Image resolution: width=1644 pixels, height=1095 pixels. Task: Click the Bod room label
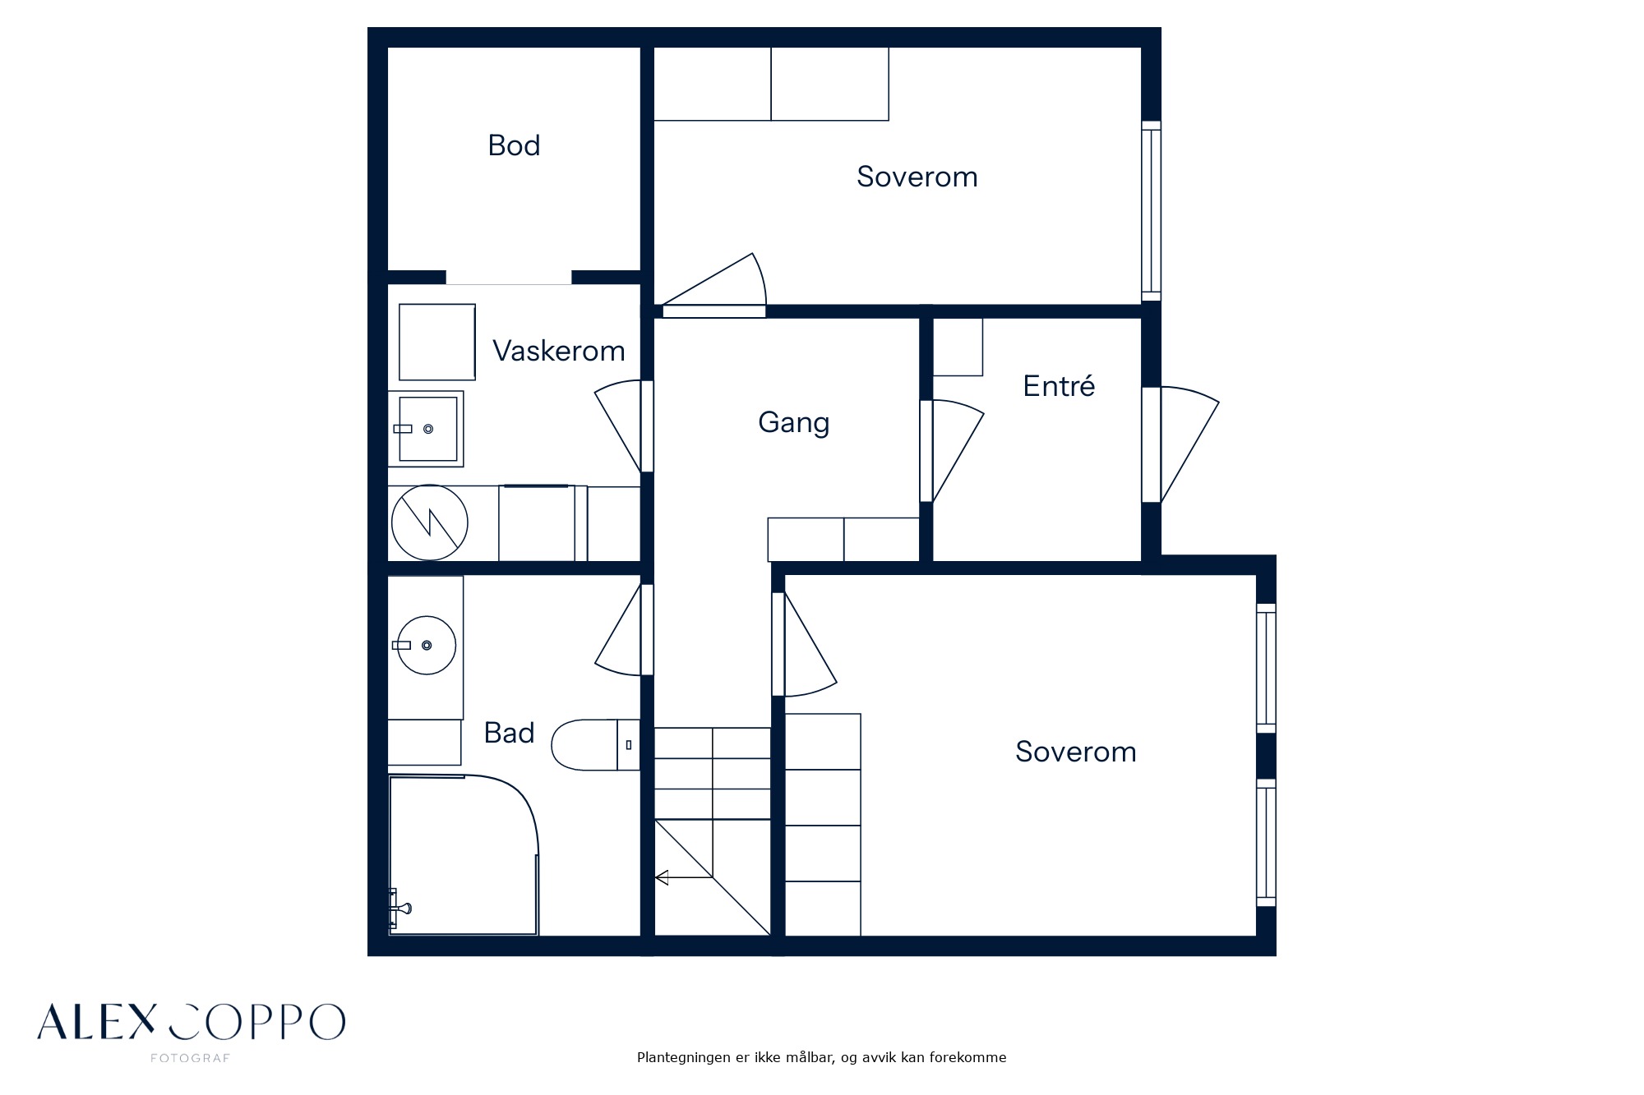click(x=514, y=145)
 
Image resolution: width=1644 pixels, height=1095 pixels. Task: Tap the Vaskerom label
click(x=559, y=351)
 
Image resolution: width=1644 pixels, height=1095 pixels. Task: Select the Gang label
click(x=794, y=423)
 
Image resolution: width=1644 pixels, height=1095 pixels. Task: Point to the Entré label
click(x=1059, y=385)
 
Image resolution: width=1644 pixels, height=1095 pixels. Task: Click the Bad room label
click(x=510, y=733)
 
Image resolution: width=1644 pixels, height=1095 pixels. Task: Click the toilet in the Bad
click(x=595, y=744)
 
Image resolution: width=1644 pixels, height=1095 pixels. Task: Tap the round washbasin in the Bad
click(x=426, y=646)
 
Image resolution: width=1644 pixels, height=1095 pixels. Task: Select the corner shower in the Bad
click(x=464, y=854)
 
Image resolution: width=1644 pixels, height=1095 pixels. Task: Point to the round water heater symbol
click(x=430, y=522)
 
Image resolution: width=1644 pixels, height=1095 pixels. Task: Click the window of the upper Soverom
click(x=1152, y=211)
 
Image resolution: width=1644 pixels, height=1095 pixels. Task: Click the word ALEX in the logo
click(x=96, y=1022)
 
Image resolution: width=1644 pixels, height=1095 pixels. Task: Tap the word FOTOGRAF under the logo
click(x=191, y=1058)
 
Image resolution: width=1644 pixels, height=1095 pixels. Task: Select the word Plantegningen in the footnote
click(x=684, y=1058)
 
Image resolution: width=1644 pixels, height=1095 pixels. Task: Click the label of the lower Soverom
click(x=1076, y=752)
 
